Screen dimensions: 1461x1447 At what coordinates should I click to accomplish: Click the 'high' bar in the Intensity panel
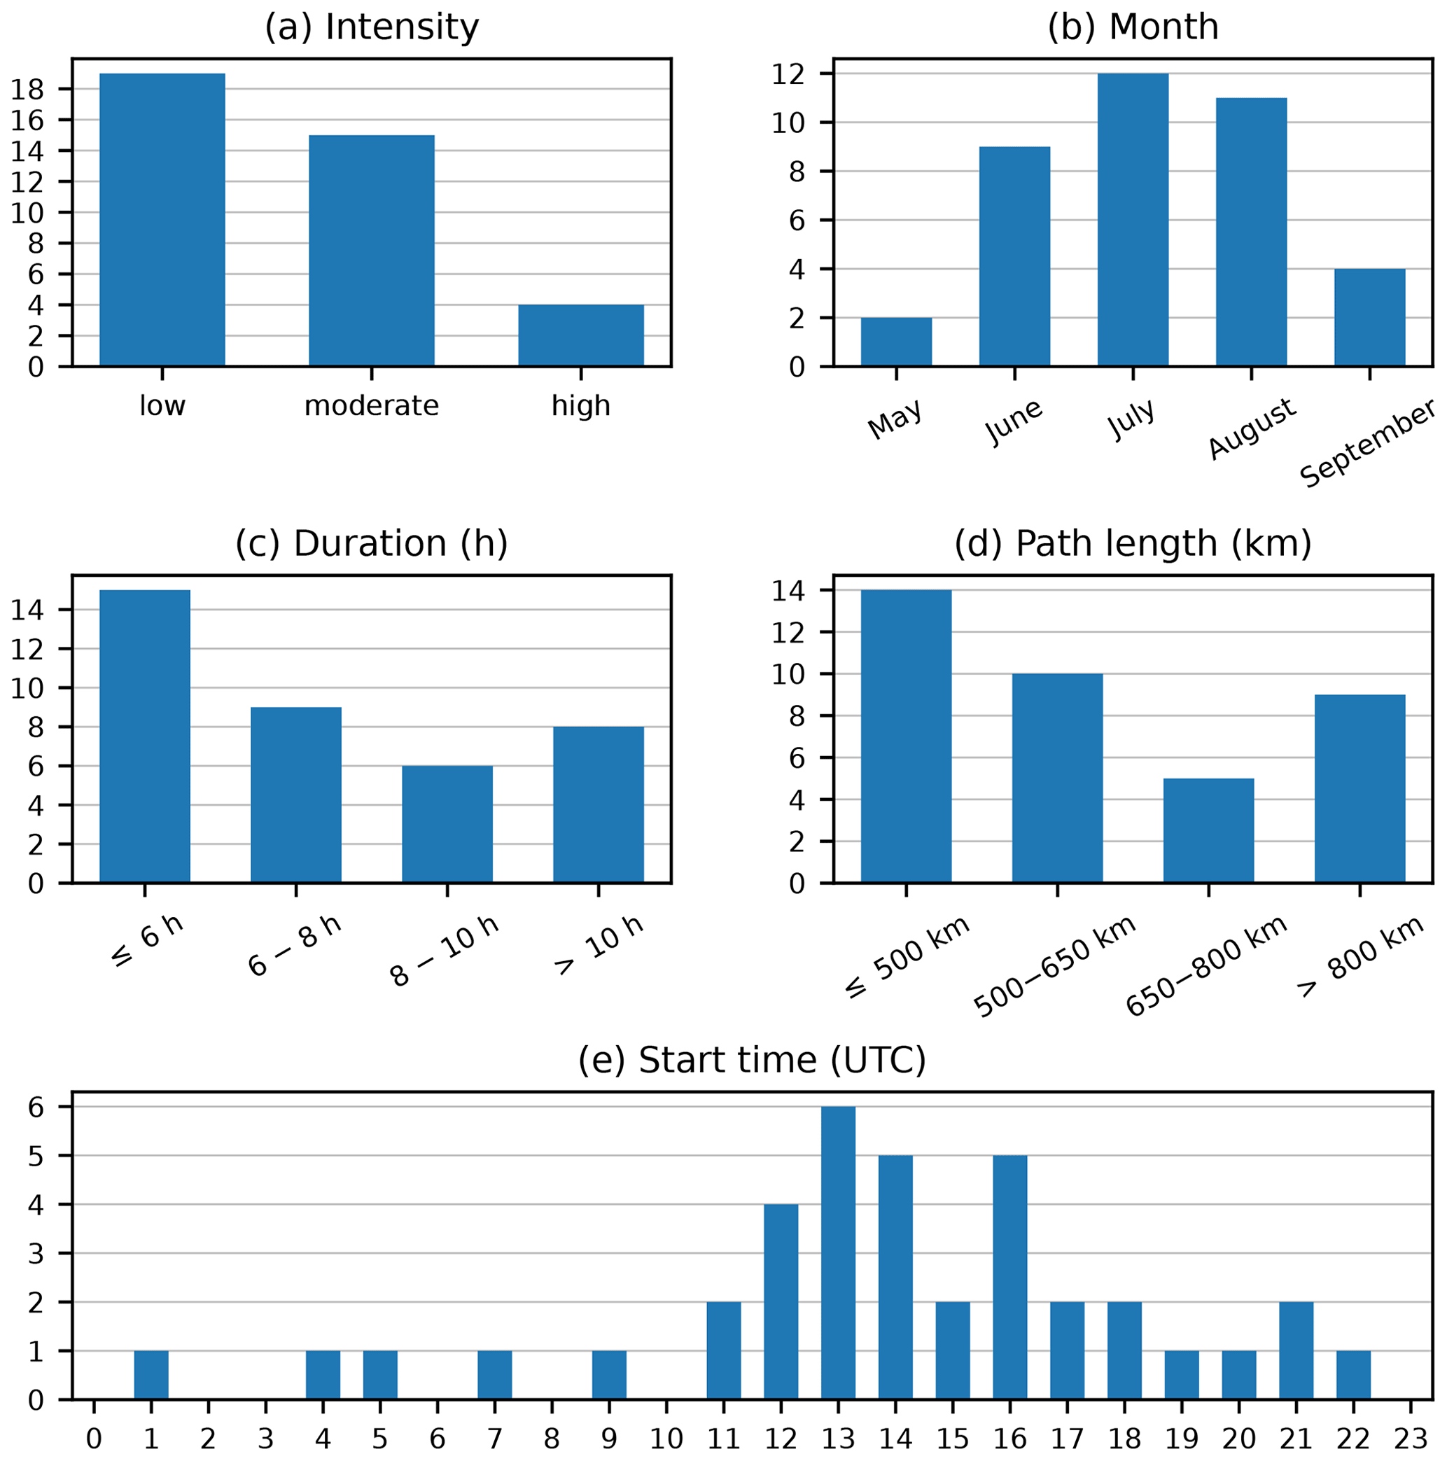click(580, 336)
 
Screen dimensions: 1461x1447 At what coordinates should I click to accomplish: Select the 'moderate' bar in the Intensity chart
click(372, 251)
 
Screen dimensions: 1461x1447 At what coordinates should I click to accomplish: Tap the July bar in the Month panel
click(1133, 220)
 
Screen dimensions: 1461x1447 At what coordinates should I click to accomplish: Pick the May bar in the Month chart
click(895, 342)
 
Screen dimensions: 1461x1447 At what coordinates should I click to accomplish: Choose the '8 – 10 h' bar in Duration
click(447, 824)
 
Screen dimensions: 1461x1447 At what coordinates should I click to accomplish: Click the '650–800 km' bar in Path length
click(1208, 830)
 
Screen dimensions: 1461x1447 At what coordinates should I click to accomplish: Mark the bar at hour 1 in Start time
click(151, 1376)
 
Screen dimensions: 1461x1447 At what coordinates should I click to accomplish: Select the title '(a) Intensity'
click(372, 28)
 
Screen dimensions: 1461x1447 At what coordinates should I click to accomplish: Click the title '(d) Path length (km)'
click(1133, 545)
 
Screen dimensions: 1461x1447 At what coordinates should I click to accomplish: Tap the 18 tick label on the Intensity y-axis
click(27, 90)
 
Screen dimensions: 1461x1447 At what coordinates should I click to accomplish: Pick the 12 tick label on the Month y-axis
click(788, 74)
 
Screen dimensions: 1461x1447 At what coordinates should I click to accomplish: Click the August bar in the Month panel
click(1251, 232)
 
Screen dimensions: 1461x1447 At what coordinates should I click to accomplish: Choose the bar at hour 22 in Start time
click(1353, 1376)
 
